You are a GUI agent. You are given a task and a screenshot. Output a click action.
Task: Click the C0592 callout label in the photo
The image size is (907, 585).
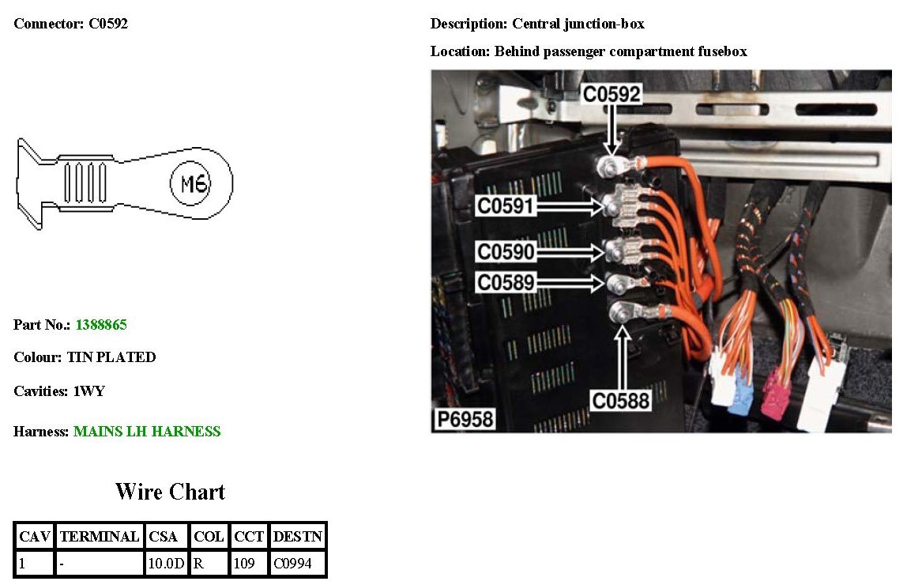[612, 94]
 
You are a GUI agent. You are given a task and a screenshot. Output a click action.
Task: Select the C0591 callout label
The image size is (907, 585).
[506, 206]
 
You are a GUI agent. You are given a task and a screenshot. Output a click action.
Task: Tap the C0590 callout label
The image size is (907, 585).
[506, 252]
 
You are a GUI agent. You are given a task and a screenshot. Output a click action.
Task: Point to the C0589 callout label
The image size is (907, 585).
[506, 281]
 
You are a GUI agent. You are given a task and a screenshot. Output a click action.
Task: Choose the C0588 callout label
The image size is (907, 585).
[622, 401]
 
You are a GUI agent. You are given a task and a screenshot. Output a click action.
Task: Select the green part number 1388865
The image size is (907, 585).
[101, 325]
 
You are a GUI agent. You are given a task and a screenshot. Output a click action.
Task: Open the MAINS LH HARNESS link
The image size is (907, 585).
[147, 432]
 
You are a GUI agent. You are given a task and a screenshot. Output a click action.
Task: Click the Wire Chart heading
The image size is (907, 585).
[170, 492]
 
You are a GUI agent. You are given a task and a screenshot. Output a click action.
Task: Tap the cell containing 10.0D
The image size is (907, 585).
[166, 564]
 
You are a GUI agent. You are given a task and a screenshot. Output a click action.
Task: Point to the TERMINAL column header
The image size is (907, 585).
[100, 537]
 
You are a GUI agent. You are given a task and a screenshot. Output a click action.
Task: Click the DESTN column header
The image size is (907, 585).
[297, 537]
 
